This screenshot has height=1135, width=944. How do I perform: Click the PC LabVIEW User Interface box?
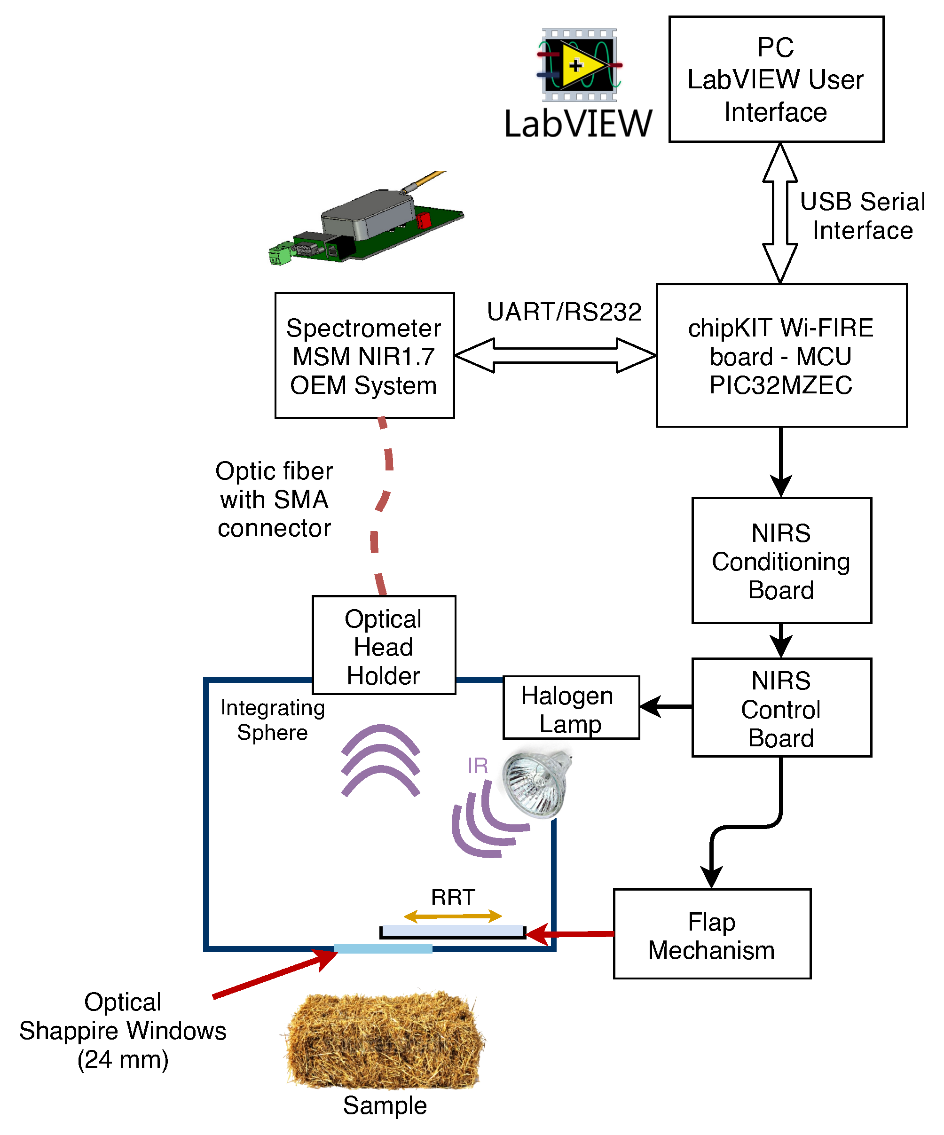776,79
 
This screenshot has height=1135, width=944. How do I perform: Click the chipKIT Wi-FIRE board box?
781,356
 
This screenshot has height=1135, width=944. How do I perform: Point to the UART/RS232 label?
564,312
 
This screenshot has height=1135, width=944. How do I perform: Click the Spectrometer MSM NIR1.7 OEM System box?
364,356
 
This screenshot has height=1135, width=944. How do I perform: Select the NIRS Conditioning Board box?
781,561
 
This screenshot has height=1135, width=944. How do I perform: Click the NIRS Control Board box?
781,708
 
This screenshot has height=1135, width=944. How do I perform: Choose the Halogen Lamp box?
570,708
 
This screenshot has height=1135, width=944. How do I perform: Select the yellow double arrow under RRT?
453,916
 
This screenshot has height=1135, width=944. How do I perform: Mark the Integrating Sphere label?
273,720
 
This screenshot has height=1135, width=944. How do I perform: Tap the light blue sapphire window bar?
383,948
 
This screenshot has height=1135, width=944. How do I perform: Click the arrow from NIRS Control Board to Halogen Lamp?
666,706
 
